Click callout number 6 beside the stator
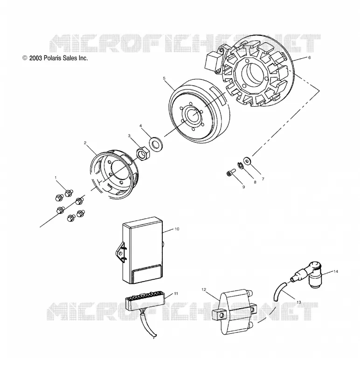coord(309,57)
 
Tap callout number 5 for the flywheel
coord(164,78)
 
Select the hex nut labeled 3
coord(143,154)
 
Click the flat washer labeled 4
coord(155,144)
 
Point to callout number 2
coord(85,143)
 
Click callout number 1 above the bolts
coord(55,178)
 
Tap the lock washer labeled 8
coord(240,166)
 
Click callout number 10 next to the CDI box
coord(177,229)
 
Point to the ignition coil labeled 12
coord(235,312)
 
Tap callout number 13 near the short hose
coord(299,302)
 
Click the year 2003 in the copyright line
coord(36,58)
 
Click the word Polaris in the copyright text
coord(52,58)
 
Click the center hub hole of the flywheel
coord(194,114)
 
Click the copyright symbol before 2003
coord(25,58)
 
